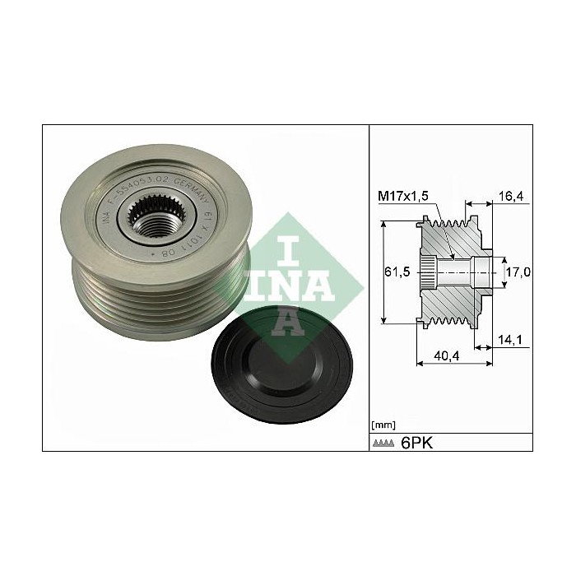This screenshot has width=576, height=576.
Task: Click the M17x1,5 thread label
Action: tap(403, 195)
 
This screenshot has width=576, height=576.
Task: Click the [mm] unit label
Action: tap(383, 425)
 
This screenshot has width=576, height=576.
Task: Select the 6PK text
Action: tap(416, 443)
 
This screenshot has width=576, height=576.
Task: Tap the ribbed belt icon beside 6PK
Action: tap(383, 444)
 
